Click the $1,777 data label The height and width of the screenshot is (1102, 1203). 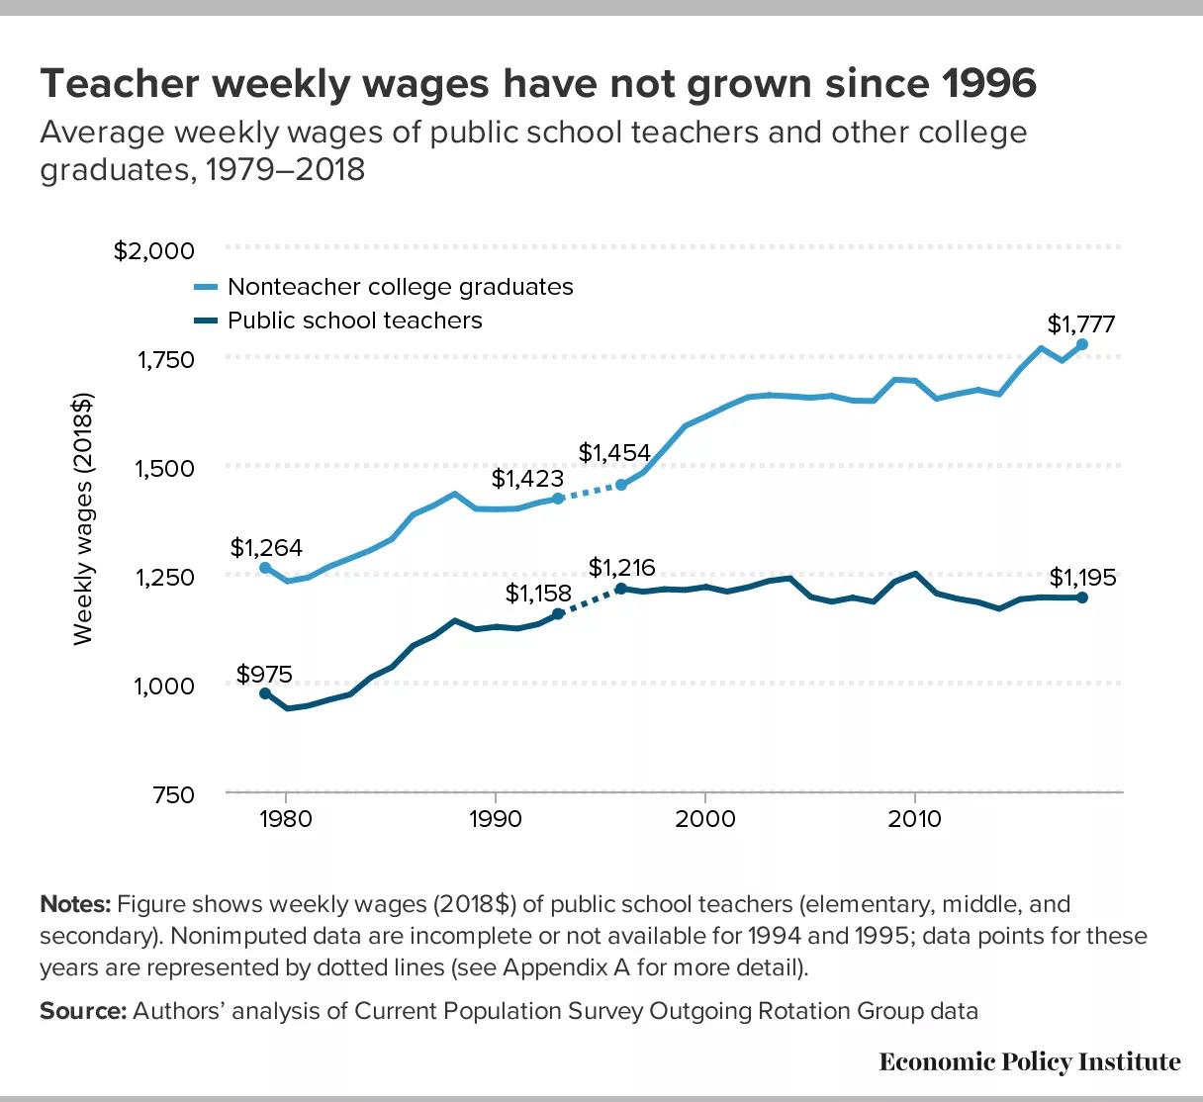point(1081,324)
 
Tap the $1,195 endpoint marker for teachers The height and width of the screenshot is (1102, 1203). point(1082,597)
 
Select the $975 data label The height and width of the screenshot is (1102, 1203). point(264,675)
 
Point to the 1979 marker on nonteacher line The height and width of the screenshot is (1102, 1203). point(265,568)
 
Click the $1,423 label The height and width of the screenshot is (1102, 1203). point(527,480)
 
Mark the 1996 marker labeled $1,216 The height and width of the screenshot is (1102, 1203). point(621,589)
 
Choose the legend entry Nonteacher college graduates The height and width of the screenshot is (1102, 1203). point(400,287)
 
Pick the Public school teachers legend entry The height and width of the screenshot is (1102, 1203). point(354,321)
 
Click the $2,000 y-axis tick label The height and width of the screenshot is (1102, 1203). point(154,251)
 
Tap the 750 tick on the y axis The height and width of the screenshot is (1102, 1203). point(173,794)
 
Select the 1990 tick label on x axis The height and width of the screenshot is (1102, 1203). point(495,819)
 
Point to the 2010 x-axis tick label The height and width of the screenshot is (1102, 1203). point(915,819)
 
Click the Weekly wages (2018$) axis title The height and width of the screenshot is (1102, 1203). point(83,519)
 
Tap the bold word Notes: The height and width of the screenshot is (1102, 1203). point(75,904)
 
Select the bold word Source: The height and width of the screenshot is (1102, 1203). point(83,1011)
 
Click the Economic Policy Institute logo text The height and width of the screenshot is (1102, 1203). point(1029,1062)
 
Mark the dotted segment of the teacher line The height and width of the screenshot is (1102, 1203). point(590,601)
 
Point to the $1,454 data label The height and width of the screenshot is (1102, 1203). point(614,453)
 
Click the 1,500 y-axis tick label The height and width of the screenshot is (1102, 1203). point(164,468)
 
